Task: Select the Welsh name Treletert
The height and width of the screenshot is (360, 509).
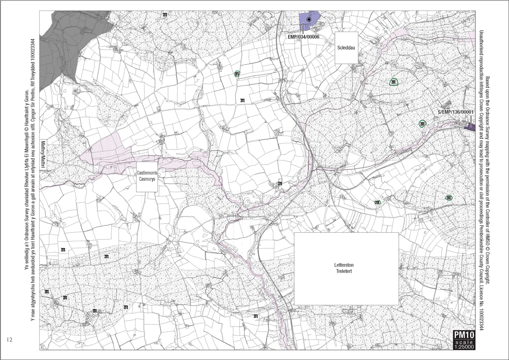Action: coord(346,271)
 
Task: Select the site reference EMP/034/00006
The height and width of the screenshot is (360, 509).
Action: coord(303,37)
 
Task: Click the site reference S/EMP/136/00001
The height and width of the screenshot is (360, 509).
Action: coord(456,112)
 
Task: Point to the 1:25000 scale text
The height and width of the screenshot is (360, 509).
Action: coord(464,347)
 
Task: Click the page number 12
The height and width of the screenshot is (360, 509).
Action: coord(10,340)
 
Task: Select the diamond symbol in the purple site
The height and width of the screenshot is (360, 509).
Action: coord(309,20)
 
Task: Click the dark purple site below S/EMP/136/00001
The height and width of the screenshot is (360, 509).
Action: coord(471,127)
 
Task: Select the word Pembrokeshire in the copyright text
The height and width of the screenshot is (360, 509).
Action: coord(481,248)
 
